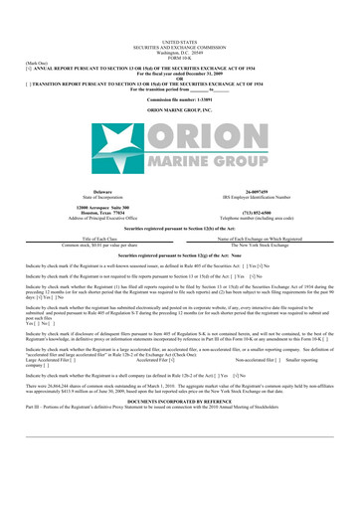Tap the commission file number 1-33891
[179, 74]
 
